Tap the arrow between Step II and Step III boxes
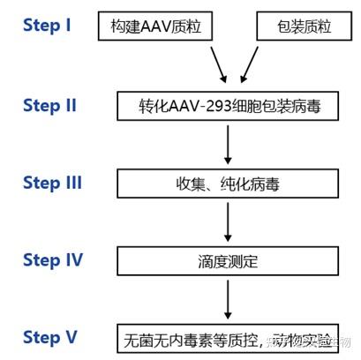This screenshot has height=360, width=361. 227,144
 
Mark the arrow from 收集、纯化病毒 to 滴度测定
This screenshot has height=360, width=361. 227,221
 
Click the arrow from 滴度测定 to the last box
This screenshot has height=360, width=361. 227,298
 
